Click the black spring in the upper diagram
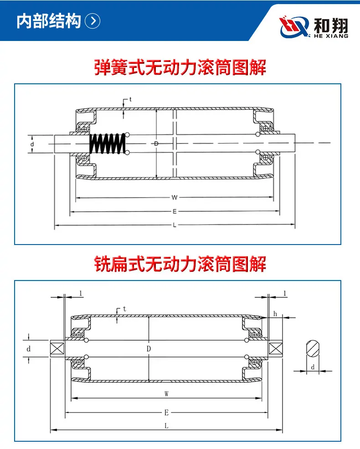tap(108, 143)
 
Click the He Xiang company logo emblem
tap(295, 27)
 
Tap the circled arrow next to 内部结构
tap(93, 21)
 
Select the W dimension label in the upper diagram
tap(174, 197)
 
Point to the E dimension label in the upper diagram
tap(175, 211)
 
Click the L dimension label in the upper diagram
tap(175, 225)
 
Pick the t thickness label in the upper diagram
tap(130, 99)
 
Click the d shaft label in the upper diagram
tap(32, 144)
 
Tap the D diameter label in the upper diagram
tap(156, 143)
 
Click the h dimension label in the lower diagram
tap(275, 314)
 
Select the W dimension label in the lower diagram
tap(166, 394)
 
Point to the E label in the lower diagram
tap(166, 413)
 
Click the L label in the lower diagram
tap(166, 426)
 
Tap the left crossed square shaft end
tap(57, 348)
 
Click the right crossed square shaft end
tap(275, 348)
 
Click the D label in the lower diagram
tap(149, 349)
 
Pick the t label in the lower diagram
tap(124, 309)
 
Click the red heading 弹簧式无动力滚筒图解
tap(180, 67)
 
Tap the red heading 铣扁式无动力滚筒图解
tap(180, 264)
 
